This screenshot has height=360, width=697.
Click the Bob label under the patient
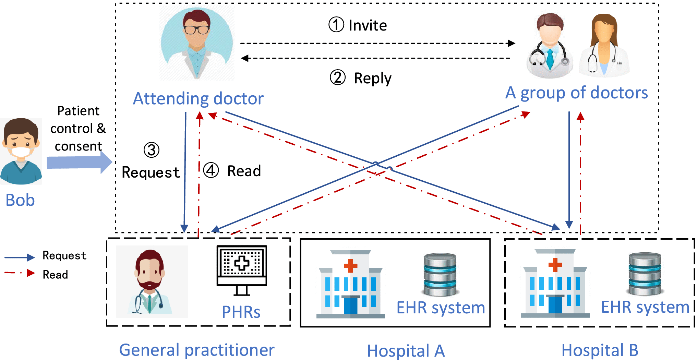pos(20,200)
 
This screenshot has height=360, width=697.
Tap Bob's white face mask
pos(21,152)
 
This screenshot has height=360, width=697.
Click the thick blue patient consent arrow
pos(79,162)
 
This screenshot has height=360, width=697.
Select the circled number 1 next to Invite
pos(336,25)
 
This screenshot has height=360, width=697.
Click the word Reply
pos(372,79)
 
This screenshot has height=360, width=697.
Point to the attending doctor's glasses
pos(196,30)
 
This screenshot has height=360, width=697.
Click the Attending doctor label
pos(198,99)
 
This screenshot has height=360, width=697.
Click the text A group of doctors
pos(576,93)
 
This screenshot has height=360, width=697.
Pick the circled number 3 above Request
pos(151,150)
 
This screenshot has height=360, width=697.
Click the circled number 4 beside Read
pos(211,170)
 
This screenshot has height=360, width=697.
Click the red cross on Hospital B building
pos(555,265)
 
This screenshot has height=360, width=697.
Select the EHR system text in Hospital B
pos(645,307)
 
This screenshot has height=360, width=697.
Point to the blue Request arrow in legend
pos(20,257)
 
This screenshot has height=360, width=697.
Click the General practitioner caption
pos(196,350)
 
